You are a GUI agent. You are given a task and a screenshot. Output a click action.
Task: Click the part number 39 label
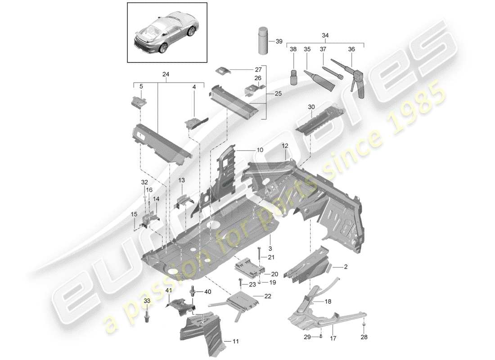tap(279, 41)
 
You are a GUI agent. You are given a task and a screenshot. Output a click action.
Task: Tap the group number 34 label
tap(325, 35)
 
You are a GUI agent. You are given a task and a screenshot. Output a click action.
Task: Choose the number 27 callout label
tap(258, 70)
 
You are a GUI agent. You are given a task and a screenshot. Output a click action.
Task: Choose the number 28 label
tap(364, 337)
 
